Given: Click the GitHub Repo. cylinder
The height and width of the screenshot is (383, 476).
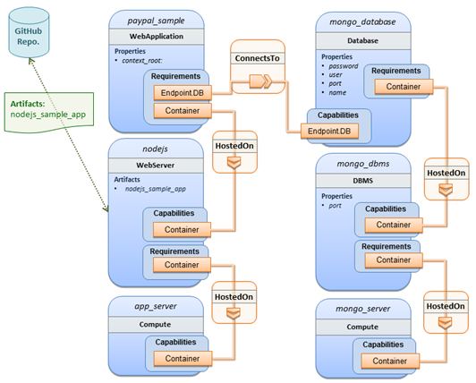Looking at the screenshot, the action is (29, 32).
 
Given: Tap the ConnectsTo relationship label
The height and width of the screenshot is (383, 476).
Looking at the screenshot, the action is (258, 58).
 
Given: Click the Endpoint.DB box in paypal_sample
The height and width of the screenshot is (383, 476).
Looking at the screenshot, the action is (183, 93).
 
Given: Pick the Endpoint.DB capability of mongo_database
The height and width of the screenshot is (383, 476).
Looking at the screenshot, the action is (329, 132).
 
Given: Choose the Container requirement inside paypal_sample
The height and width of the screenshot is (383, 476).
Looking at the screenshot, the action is (183, 111).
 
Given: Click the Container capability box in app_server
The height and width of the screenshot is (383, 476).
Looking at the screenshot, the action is (183, 359).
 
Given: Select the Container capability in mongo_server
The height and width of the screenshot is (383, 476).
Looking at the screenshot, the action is (390, 361).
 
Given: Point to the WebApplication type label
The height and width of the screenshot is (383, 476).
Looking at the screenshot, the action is (157, 37).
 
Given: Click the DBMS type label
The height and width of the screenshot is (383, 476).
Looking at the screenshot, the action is (362, 181).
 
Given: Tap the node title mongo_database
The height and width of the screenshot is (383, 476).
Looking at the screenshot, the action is (362, 21).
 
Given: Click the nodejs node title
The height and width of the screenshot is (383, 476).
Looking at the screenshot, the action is (156, 149).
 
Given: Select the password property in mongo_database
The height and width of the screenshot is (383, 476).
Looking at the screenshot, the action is (344, 66).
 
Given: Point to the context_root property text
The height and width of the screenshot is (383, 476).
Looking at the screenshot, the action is (142, 61).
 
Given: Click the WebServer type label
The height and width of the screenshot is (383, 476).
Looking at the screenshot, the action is (156, 166).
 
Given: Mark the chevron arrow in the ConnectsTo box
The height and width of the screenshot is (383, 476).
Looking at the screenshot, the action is (260, 81).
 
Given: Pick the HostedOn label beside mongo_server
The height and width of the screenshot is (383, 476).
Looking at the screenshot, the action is (446, 306).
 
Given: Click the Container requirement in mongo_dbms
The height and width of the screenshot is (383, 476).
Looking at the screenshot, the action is (394, 260).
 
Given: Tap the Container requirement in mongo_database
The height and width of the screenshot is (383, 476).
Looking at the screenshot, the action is (404, 87).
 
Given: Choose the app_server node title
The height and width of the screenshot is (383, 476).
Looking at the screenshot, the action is (156, 306).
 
